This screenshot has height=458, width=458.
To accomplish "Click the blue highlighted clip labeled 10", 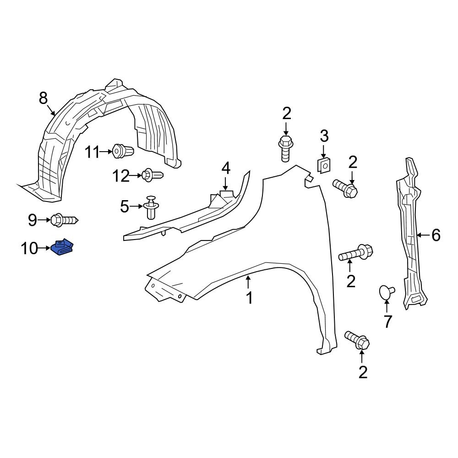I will tap(64, 248).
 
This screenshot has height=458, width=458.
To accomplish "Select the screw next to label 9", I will tap(64, 220).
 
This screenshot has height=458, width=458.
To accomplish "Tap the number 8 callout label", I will tap(43, 98).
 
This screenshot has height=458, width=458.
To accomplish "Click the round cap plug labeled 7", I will tap(387, 291).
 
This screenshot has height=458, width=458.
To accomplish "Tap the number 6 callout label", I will tap(436, 235).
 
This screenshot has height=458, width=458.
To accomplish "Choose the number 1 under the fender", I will tap(249, 298).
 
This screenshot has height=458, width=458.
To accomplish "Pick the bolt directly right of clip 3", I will tap(345, 188).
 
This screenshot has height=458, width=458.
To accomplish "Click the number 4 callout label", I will tap(226, 169).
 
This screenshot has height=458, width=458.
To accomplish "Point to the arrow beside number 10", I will tap(44, 248).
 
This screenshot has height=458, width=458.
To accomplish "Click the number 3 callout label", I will tap(324, 136).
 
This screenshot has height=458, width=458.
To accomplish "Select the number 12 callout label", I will tap(121, 176).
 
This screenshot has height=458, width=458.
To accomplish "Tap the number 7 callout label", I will tap(388, 322).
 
